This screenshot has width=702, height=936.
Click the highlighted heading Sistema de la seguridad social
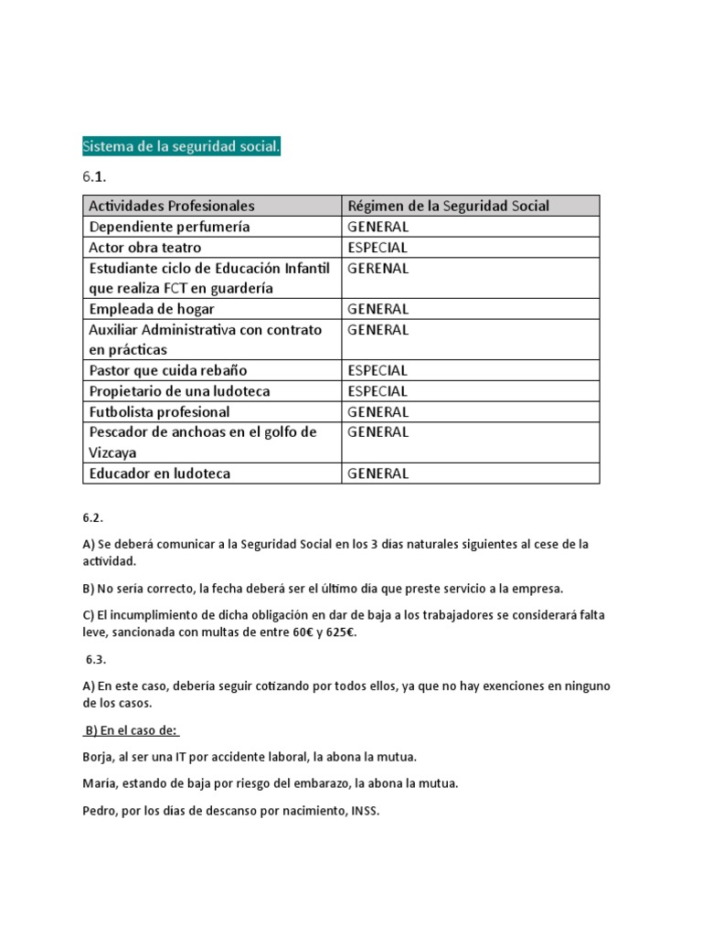click(x=181, y=147)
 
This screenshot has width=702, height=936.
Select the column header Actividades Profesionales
click(x=172, y=206)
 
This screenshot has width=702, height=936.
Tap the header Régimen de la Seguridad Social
click(x=449, y=206)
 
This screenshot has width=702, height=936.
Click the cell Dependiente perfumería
click(x=169, y=227)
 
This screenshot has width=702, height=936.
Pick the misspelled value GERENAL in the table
click(x=378, y=268)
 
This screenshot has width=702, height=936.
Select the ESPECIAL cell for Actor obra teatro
click(x=378, y=248)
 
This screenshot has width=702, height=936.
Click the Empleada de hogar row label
click(x=152, y=309)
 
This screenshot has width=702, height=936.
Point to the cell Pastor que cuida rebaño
click(x=167, y=370)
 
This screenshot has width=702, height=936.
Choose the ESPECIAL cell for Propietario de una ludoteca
click(x=378, y=391)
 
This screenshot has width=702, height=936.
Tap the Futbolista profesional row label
click(x=159, y=411)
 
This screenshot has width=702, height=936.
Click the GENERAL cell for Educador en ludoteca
click(x=378, y=473)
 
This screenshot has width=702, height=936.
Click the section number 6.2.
click(x=94, y=516)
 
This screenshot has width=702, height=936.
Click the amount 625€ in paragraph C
click(x=336, y=633)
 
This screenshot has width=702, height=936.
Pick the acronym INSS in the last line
click(x=363, y=810)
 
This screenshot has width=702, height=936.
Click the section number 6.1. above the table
click(x=95, y=176)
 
